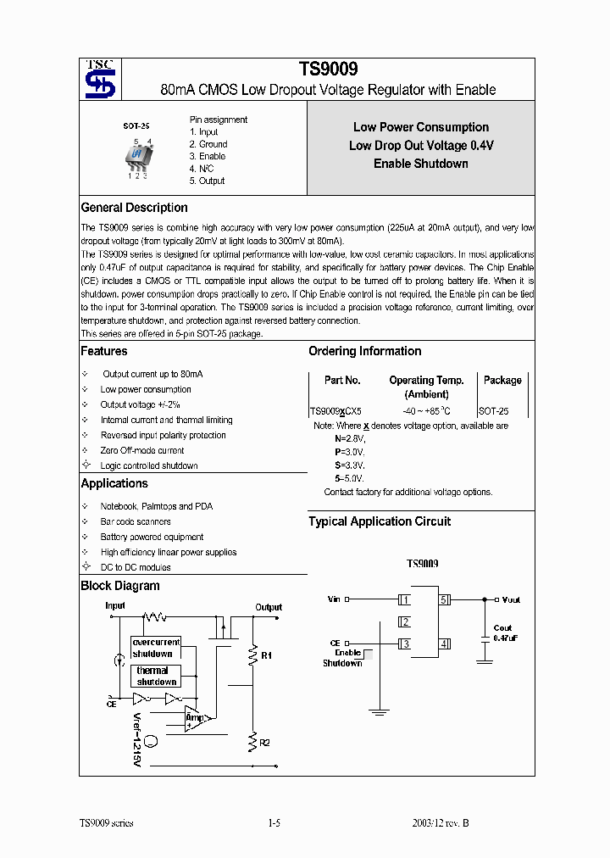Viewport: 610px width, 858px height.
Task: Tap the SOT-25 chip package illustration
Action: (x=137, y=156)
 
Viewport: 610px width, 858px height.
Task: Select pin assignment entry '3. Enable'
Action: (x=207, y=156)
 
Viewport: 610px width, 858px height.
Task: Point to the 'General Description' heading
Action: (x=134, y=208)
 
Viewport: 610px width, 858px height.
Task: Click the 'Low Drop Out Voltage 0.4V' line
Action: (x=421, y=146)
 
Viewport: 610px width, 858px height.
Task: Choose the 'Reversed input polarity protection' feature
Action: (x=163, y=435)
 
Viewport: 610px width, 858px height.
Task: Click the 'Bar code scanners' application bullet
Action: (x=135, y=521)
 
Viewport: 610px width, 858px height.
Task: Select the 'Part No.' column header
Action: (x=342, y=381)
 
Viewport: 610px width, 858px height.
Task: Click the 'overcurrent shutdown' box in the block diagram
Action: (x=156, y=648)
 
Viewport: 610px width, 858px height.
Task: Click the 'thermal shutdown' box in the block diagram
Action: (x=156, y=676)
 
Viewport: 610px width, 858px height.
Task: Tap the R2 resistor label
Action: (x=264, y=743)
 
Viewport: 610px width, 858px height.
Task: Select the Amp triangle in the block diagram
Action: (x=193, y=719)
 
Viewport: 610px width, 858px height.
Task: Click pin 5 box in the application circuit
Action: (x=444, y=599)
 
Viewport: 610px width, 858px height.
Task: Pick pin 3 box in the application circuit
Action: (x=405, y=644)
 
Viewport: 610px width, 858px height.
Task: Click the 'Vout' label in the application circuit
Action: (x=511, y=599)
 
